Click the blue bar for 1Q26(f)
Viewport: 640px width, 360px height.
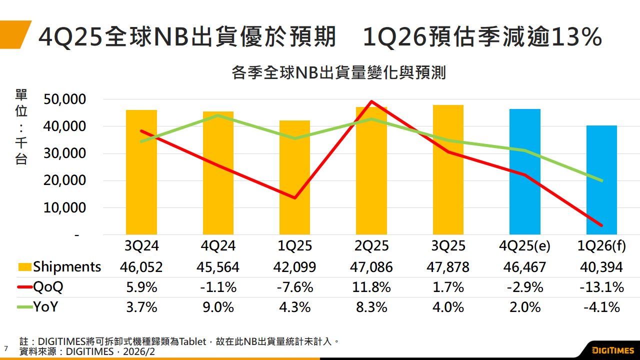pyautogui.click(x=601, y=180)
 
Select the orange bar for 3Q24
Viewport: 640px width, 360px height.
pyautogui.click(x=141, y=172)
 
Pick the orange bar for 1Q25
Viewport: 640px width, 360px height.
pyautogui.click(x=294, y=177)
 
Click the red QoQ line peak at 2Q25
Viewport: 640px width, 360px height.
pyautogui.click(x=371, y=101)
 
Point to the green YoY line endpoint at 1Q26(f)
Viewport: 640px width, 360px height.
pyautogui.click(x=601, y=180)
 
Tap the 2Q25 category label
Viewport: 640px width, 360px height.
pyautogui.click(x=371, y=246)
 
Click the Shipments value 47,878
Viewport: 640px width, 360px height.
pyautogui.click(x=448, y=267)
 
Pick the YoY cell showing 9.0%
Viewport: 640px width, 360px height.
pyautogui.click(x=218, y=307)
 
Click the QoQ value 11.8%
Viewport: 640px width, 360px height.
pyautogui.click(x=371, y=287)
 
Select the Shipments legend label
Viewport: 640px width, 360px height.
pyautogui.click(x=66, y=267)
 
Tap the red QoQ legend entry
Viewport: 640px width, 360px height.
pyautogui.click(x=48, y=287)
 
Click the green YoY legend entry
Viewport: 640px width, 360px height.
pyautogui.click(x=45, y=307)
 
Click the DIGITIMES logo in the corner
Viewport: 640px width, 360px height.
pyautogui.click(x=613, y=349)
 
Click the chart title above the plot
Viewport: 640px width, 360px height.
pyautogui.click(x=338, y=73)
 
